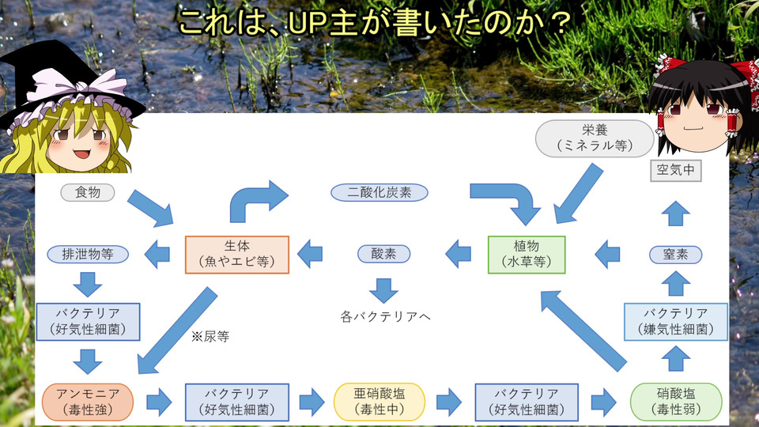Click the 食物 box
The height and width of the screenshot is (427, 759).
click(x=88, y=192)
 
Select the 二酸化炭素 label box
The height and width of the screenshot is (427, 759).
click(x=379, y=192)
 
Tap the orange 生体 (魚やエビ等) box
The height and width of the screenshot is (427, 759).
click(x=237, y=254)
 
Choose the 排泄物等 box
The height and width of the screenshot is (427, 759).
click(x=87, y=254)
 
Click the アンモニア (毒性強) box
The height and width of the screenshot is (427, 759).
click(x=84, y=402)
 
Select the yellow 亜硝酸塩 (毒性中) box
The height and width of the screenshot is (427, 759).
click(x=379, y=402)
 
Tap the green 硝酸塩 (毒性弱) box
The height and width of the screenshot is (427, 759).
click(x=677, y=402)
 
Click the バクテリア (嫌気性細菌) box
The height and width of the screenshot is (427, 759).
click(x=675, y=321)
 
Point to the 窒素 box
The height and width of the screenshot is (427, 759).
click(x=674, y=254)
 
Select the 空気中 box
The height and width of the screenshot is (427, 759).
click(x=675, y=169)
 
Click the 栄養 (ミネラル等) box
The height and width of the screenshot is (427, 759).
click(x=595, y=138)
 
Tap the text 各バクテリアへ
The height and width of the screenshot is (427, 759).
click(x=385, y=317)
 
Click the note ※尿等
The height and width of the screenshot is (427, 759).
click(x=210, y=336)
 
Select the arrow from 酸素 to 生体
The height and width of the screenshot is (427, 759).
click(x=310, y=254)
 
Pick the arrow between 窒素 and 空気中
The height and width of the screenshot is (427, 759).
click(x=675, y=213)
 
